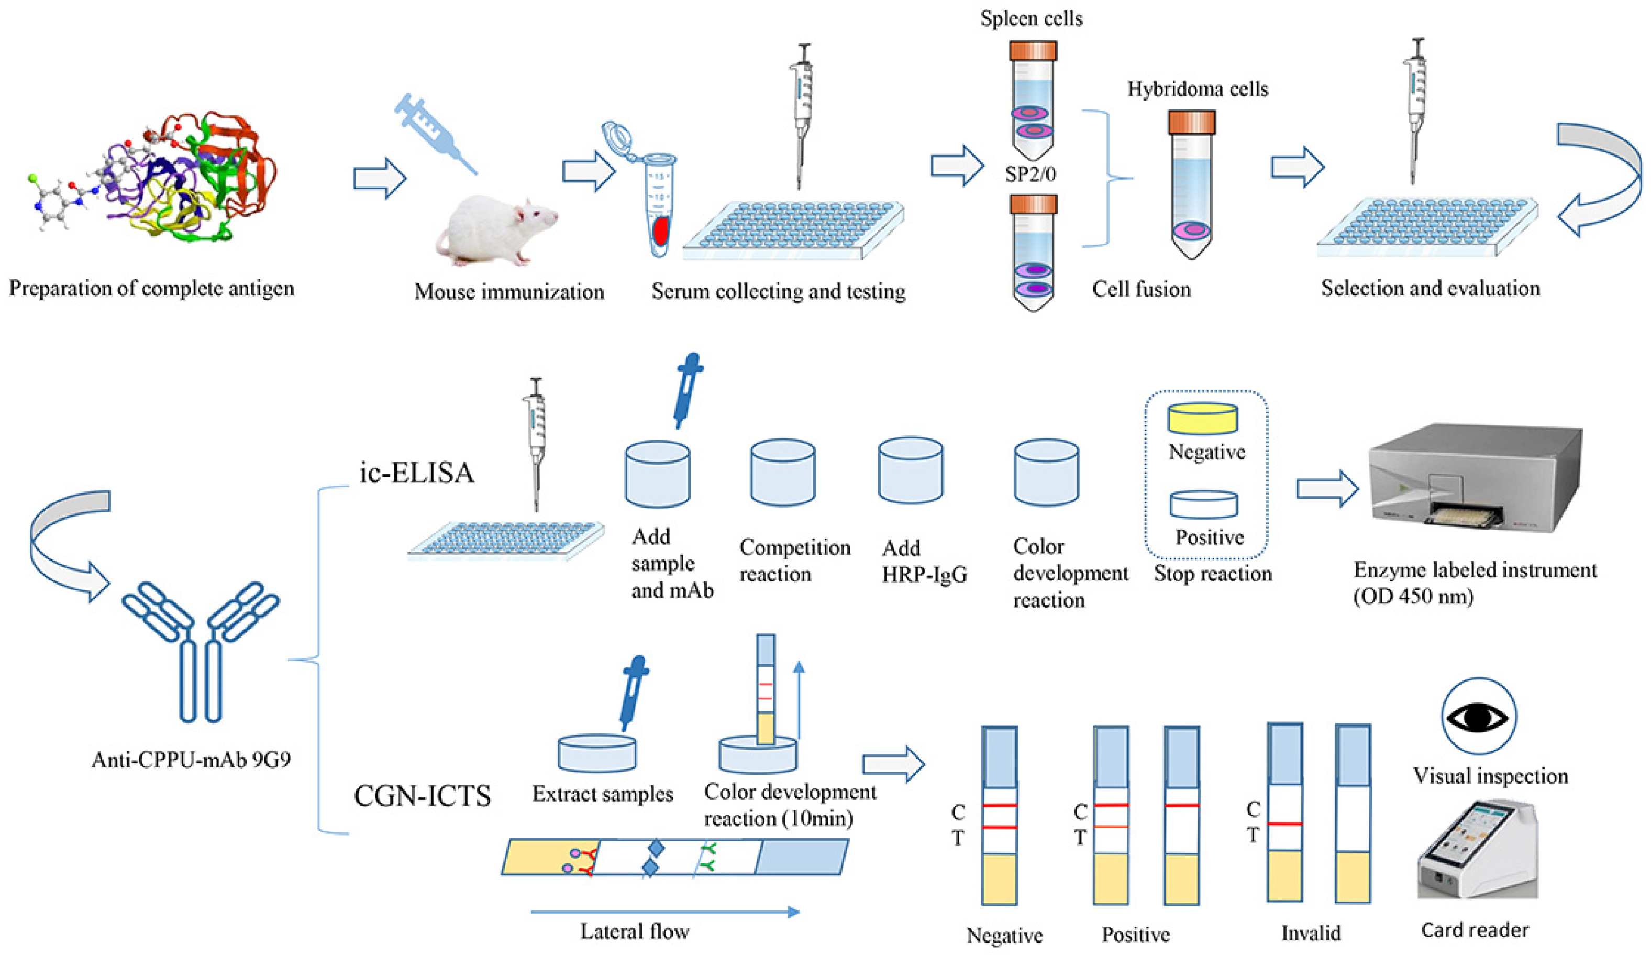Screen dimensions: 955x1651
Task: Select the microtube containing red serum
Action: click(x=657, y=203)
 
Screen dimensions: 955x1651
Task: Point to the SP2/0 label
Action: click(x=1031, y=174)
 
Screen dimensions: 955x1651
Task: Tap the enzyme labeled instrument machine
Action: click(x=1474, y=478)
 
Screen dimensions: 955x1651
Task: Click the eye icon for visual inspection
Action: click(x=1479, y=717)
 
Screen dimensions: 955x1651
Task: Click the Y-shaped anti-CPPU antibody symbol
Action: click(x=201, y=649)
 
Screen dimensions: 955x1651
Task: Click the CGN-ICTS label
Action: click(x=423, y=796)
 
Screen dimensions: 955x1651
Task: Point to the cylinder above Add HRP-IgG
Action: click(x=910, y=470)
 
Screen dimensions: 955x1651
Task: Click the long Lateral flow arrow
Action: click(x=664, y=912)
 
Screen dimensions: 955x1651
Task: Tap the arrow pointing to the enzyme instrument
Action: click(x=1327, y=488)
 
